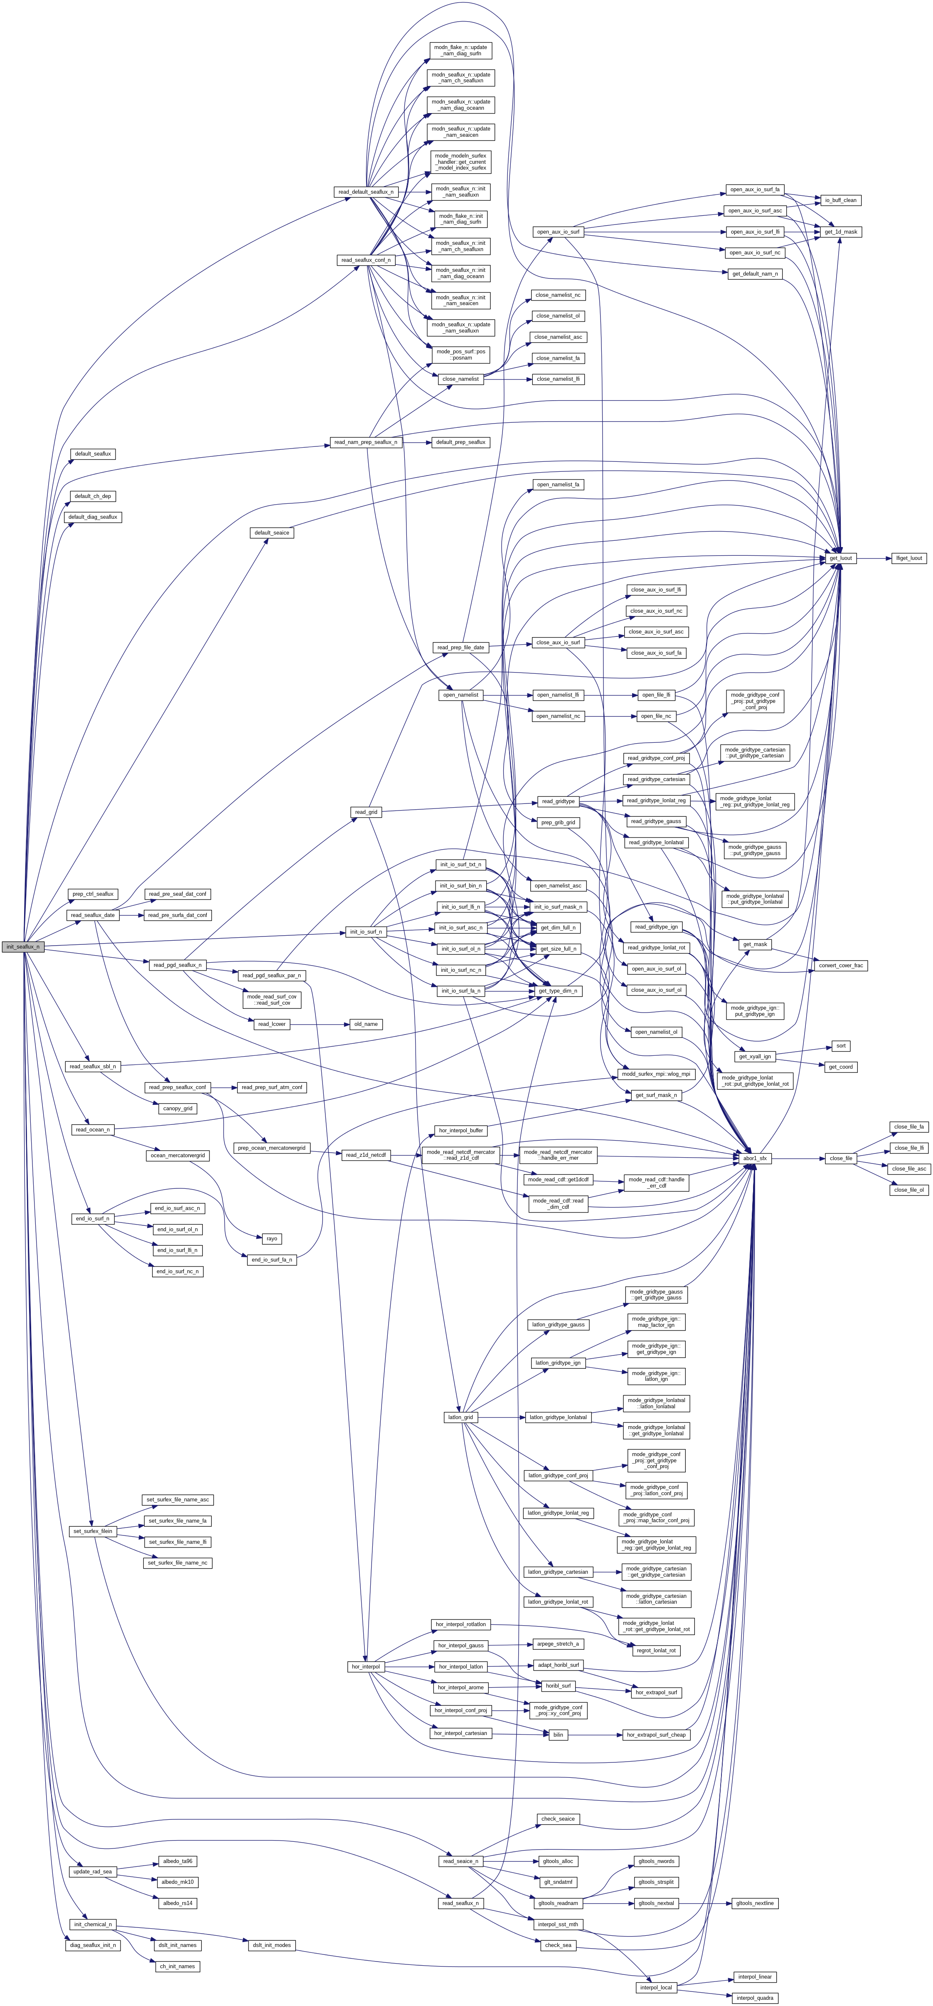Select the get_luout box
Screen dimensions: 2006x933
click(x=840, y=558)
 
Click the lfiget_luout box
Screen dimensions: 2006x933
click(x=908, y=558)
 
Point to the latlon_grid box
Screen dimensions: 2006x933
click(x=460, y=1417)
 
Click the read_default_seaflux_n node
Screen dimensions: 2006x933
click(x=365, y=192)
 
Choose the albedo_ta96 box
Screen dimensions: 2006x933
click(x=177, y=1861)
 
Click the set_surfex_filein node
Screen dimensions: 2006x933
click(x=93, y=1531)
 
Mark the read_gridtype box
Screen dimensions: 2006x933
click(x=558, y=801)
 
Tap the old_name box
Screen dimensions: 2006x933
click(x=365, y=1024)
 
